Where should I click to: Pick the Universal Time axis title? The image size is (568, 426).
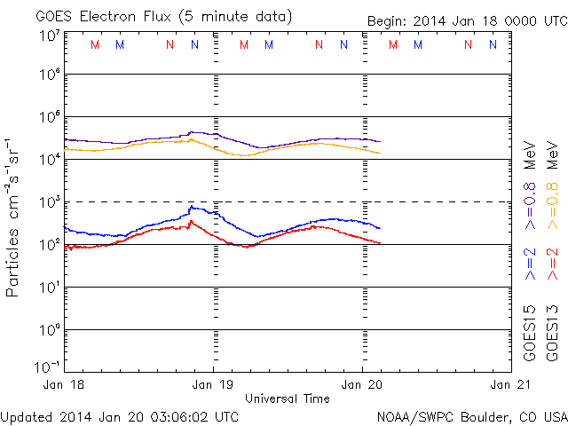click(x=288, y=398)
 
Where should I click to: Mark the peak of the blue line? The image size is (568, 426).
click(x=192, y=207)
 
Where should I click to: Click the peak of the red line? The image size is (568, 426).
click(x=192, y=221)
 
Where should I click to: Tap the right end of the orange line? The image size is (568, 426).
click(x=381, y=154)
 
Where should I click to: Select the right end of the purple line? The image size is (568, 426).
click(x=381, y=141)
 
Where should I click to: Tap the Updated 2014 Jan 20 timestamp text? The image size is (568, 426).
click(x=120, y=415)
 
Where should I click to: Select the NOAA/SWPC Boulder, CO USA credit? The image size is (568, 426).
click(x=471, y=415)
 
